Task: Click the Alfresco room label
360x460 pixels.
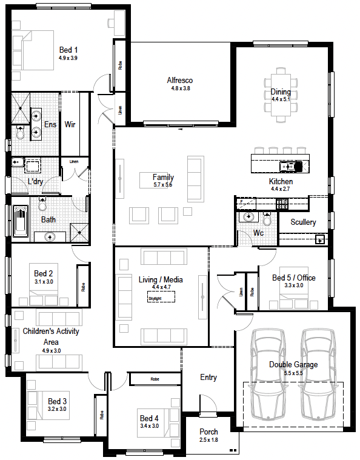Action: point(180,80)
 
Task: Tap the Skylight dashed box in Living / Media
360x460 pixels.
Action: point(161,296)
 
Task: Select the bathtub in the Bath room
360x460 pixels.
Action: point(21,221)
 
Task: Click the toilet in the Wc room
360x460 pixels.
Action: point(267,219)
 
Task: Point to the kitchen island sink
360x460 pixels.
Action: point(291,166)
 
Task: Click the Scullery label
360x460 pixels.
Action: point(303,222)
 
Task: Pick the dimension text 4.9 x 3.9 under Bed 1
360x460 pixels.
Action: point(68,58)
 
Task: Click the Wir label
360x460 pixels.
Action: point(70,124)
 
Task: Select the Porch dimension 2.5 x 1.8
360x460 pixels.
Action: point(208,440)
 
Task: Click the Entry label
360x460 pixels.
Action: point(208,377)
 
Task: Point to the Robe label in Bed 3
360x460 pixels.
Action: point(102,415)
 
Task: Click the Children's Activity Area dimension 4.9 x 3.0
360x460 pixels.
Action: point(52,350)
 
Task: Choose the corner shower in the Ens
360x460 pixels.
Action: point(21,108)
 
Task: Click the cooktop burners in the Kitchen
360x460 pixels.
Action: point(282,204)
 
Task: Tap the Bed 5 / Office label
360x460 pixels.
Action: point(294,278)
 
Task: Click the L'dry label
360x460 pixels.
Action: point(35,181)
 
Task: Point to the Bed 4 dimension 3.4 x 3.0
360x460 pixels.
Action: point(149,426)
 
